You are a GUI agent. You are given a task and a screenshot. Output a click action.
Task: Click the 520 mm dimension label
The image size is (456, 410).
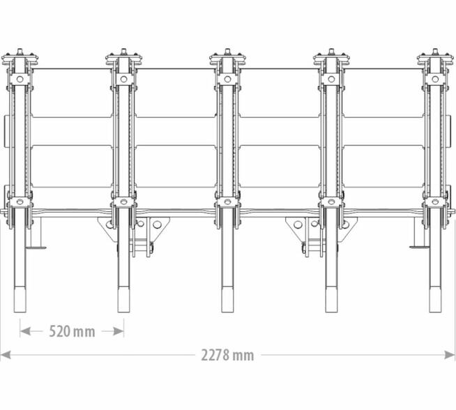pyautogui.click(x=72, y=331)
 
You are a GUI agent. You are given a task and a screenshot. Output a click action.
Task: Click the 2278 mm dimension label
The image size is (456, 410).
pyautogui.click(x=227, y=355)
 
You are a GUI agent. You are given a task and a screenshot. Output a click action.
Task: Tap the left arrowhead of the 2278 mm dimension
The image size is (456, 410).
pyautogui.click(x=6, y=355)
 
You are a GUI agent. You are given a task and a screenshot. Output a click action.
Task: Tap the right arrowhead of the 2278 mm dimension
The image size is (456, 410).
pyautogui.click(x=450, y=355)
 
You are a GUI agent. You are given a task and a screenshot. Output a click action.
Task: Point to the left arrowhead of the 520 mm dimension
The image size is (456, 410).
pyautogui.click(x=25, y=331)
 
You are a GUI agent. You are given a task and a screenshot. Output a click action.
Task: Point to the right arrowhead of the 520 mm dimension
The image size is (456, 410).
pyautogui.click(x=119, y=331)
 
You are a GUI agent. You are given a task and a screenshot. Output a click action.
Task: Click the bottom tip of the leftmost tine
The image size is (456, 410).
pyautogui.click(x=20, y=312)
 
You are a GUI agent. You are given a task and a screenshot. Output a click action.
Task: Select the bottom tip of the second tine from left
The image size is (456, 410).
pyautogui.click(x=123, y=312)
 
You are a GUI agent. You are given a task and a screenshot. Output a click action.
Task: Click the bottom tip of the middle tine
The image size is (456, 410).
pyautogui.click(x=227, y=312)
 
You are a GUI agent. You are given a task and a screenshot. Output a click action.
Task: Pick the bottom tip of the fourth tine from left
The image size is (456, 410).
pyautogui.click(x=331, y=312)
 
